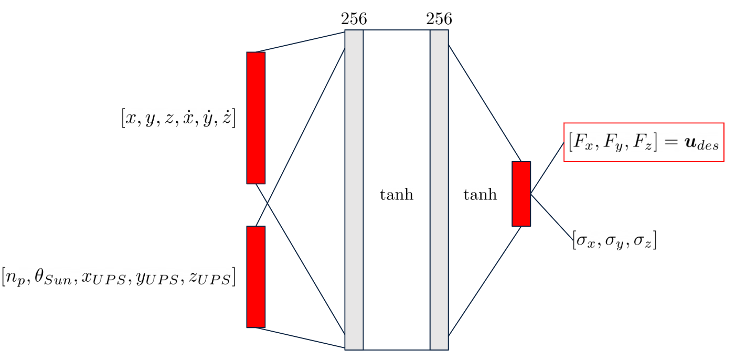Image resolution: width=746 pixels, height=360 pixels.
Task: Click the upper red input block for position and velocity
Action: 256,118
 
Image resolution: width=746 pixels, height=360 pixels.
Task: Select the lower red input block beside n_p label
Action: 256,277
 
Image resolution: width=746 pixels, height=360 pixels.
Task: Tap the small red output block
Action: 521,194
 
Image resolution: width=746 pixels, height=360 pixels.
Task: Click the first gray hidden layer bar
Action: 354,189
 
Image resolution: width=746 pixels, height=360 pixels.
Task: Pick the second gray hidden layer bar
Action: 439,189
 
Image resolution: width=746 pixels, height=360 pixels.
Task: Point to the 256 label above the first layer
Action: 354,19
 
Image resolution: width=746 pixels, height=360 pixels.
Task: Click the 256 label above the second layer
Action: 439,19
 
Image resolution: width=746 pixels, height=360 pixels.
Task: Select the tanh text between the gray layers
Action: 396,195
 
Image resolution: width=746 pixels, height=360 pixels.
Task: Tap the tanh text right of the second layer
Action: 480,195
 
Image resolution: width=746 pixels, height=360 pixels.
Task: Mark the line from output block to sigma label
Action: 552,217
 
